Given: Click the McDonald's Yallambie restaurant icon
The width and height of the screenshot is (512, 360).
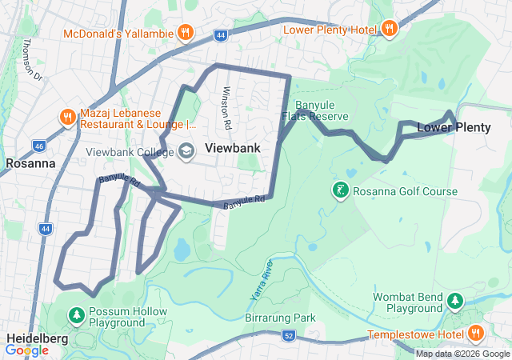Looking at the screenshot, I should [x=185, y=33].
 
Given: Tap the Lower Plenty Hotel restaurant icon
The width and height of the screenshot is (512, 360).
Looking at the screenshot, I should [x=390, y=29].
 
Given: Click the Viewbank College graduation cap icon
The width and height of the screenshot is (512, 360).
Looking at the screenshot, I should [x=186, y=150].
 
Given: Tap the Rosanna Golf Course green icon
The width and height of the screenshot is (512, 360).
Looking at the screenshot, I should [x=341, y=190].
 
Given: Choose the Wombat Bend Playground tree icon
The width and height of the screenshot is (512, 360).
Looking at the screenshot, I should [x=455, y=301].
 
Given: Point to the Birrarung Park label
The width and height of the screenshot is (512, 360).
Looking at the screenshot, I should [x=280, y=318].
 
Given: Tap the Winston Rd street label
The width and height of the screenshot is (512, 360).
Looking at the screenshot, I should [x=226, y=108].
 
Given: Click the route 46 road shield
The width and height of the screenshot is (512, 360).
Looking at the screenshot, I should [x=38, y=146].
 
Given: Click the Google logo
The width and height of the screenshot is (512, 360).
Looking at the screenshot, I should [x=26, y=350].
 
